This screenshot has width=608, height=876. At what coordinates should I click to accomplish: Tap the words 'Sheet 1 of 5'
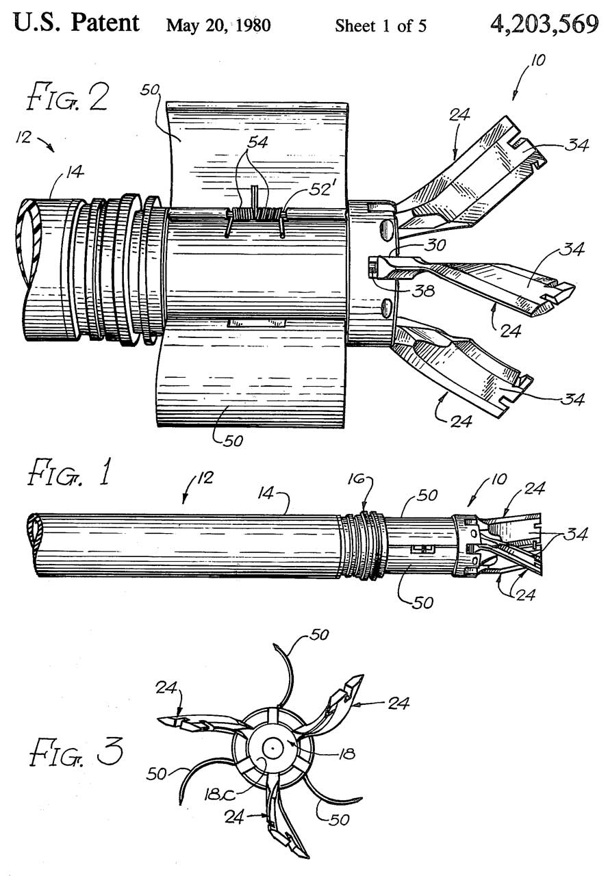[x=381, y=27]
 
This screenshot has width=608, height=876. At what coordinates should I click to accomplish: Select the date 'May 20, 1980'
[x=218, y=27]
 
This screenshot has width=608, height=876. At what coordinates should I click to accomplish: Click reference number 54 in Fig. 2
[x=259, y=143]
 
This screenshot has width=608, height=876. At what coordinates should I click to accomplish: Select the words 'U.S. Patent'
[x=77, y=23]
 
